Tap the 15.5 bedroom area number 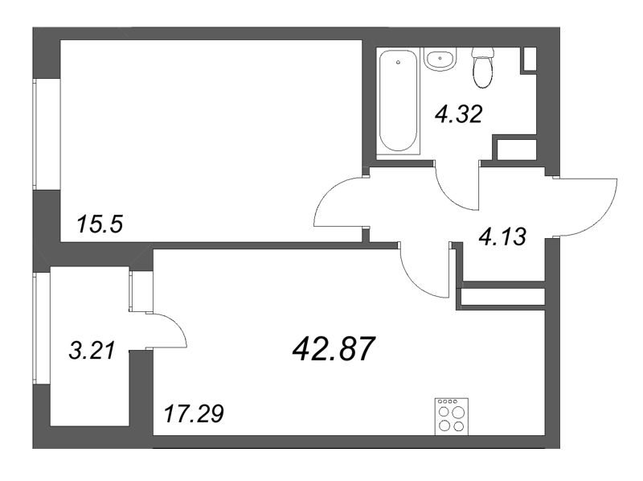(100, 224)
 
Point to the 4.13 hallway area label (502, 236)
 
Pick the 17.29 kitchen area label (194, 415)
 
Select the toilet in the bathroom (483, 68)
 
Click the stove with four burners (452, 416)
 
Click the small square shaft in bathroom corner (530, 60)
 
